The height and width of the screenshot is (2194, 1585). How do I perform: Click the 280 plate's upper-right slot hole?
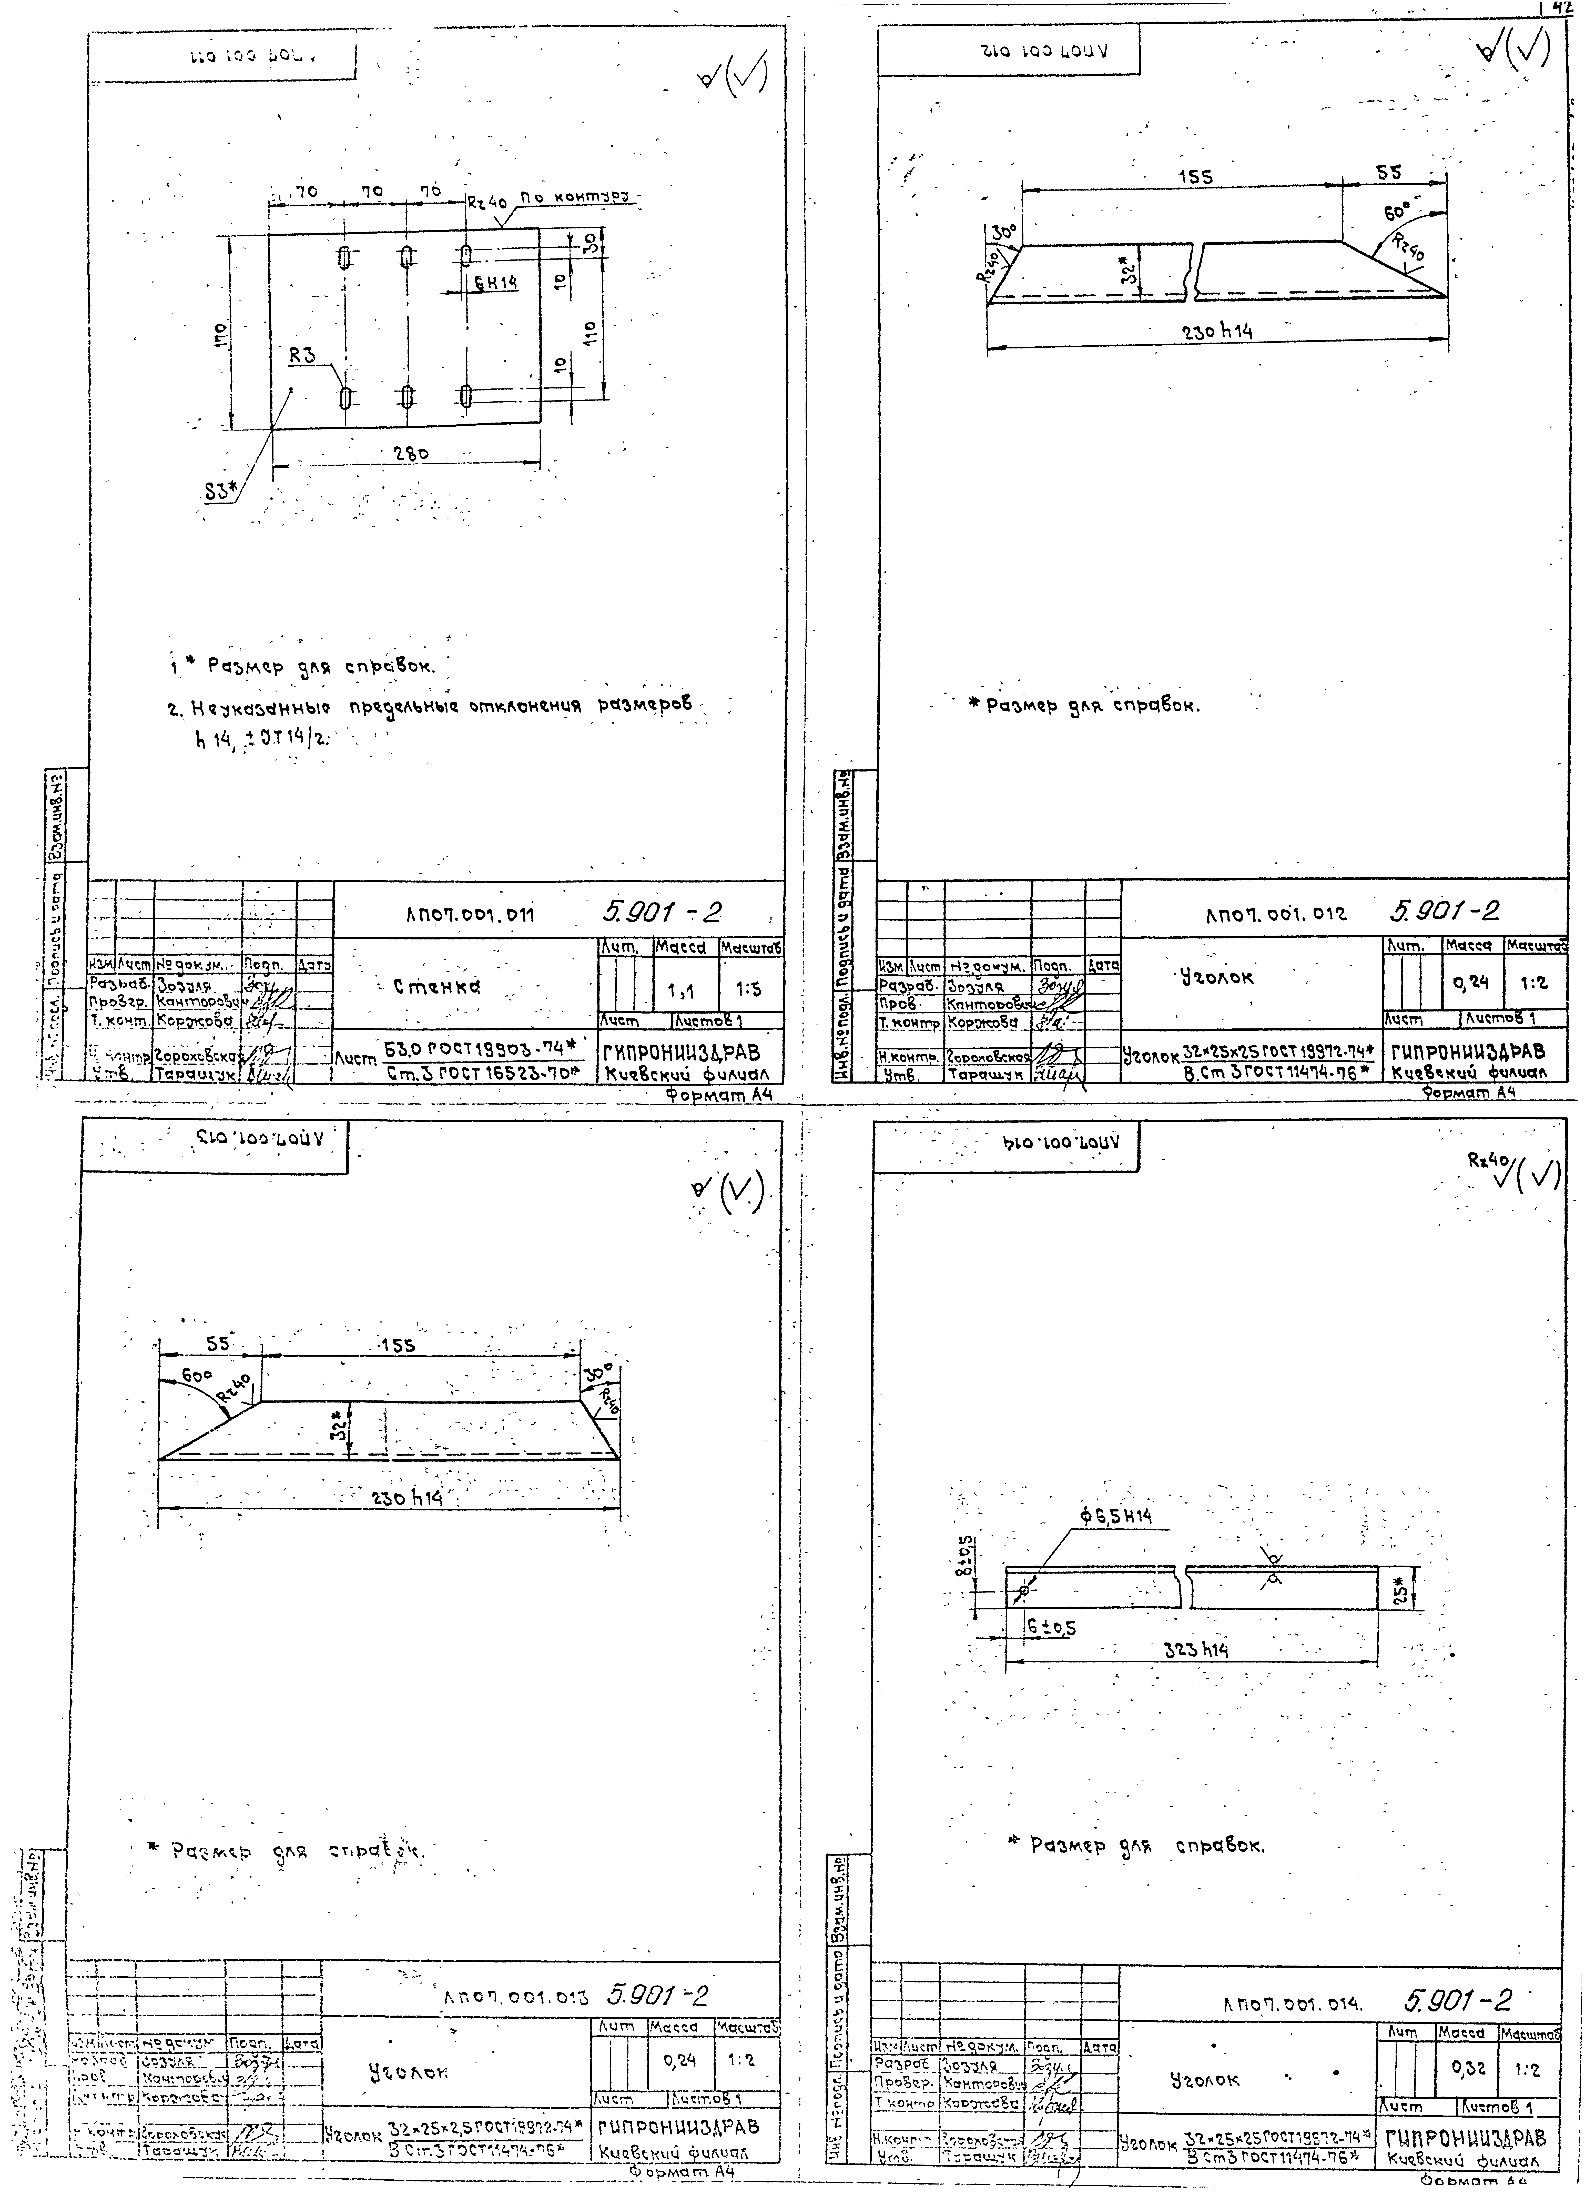(466, 256)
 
